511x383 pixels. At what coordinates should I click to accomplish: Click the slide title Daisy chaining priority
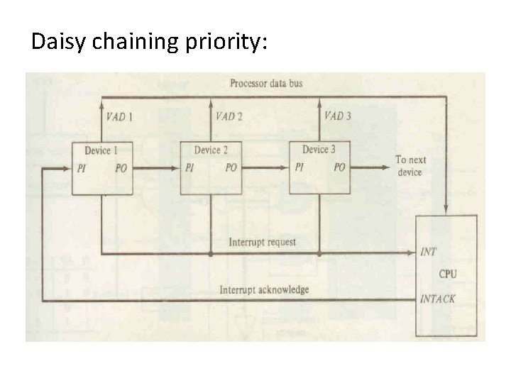pos(149,42)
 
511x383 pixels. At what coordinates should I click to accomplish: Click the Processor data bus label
pos(266,83)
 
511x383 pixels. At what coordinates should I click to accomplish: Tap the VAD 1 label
pos(119,116)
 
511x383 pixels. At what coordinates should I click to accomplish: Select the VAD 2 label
pos(229,116)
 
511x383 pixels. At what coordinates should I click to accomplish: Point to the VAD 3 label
pos(337,116)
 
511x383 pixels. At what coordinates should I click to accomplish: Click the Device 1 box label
pos(101,150)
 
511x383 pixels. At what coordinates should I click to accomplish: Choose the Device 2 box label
pos(211,150)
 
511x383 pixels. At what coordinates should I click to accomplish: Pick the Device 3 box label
pos(319,149)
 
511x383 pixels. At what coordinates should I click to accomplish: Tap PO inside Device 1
pos(121,168)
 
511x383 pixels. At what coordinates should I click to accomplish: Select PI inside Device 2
pos(189,168)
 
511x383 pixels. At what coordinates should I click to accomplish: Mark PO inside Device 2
pos(231,168)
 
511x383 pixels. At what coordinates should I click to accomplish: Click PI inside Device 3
pos(300,167)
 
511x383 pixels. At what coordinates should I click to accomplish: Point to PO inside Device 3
pos(339,167)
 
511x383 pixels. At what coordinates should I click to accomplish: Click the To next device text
pos(411,166)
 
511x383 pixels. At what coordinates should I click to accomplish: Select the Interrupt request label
pos(262,243)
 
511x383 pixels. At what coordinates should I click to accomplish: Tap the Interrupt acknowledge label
pos(264,289)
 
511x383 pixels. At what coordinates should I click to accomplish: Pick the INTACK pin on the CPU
pos(437,299)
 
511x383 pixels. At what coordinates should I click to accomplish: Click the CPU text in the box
pos(448,274)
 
